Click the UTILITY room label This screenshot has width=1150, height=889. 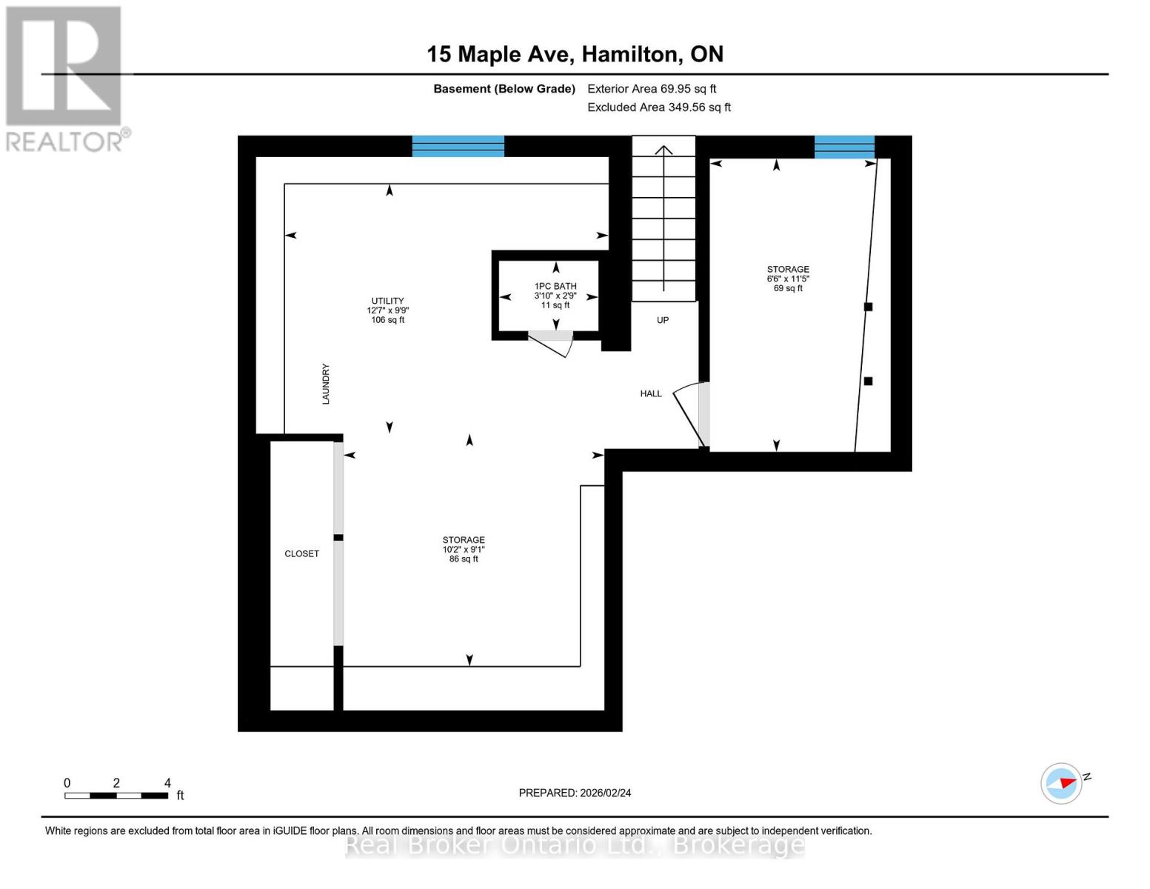tap(387, 310)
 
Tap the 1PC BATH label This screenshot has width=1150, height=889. tap(555, 295)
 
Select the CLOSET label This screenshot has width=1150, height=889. tap(301, 553)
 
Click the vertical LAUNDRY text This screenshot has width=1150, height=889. tap(325, 384)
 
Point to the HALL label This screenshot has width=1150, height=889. tap(651, 393)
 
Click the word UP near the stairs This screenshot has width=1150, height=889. tap(663, 320)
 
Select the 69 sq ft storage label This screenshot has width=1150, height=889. tap(788, 279)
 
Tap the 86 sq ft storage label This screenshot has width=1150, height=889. tap(464, 549)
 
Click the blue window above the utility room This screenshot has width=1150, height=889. tap(458, 146)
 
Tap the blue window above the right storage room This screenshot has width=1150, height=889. tap(844, 147)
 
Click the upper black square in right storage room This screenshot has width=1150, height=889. tap(869, 307)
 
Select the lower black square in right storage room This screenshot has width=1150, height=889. tap(868, 381)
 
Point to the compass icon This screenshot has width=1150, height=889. tap(1062, 783)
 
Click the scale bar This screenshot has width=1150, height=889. tap(116, 796)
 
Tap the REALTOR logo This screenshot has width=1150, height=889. tap(65, 79)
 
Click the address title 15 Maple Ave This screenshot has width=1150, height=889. tap(575, 54)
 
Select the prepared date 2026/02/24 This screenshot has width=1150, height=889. tap(575, 793)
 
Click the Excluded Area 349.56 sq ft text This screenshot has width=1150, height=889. tap(658, 107)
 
